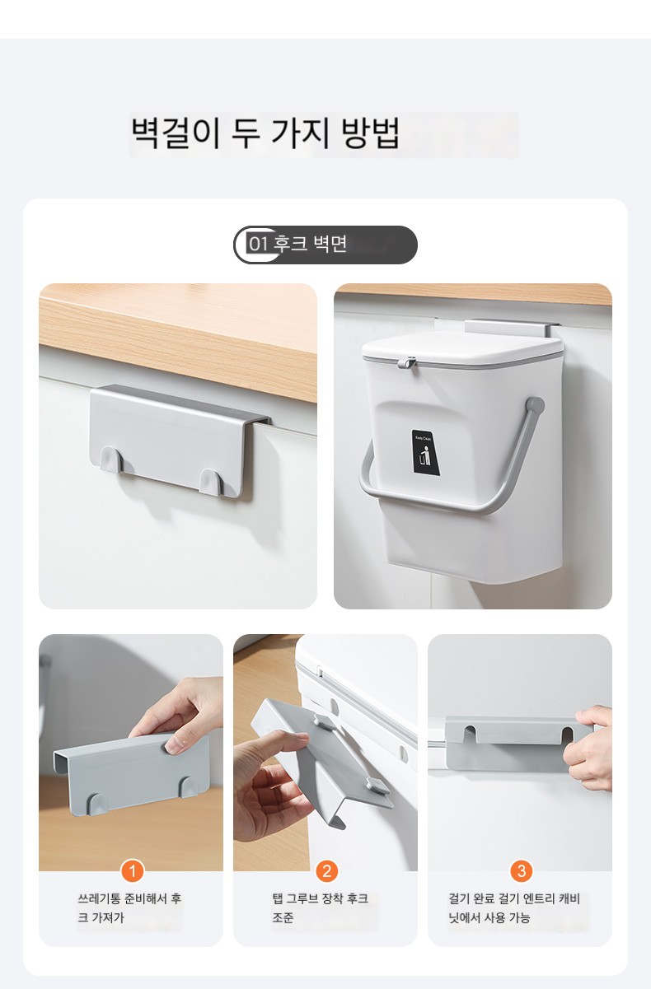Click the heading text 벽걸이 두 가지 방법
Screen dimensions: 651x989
265,133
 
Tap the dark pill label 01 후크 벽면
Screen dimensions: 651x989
325,245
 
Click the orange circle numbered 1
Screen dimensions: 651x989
132,870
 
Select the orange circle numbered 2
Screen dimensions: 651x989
326,870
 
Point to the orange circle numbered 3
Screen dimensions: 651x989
521,870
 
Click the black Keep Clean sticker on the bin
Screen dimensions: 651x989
425,453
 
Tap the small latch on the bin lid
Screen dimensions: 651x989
406,363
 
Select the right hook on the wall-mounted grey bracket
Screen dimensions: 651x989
209,481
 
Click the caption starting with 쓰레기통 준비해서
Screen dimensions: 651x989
129,907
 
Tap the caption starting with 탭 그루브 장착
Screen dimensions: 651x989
320,907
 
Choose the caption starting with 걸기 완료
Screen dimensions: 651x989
514,907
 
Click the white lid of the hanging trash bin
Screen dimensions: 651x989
462,349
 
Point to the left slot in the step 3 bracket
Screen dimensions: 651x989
471,734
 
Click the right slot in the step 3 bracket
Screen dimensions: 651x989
568,735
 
